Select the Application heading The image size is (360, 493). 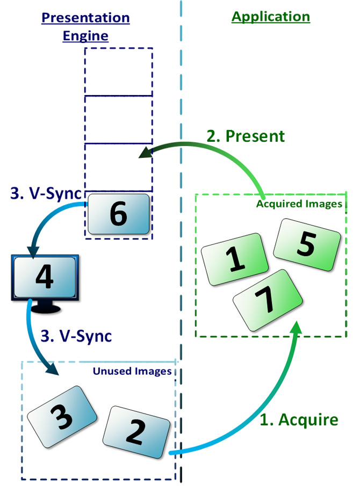(271, 17)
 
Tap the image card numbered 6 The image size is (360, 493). (118, 214)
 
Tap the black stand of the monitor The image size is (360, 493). (47, 307)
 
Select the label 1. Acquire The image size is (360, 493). (299, 419)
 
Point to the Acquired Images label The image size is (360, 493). (299, 204)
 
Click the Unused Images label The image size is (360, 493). (132, 371)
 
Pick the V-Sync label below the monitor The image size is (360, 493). (77, 336)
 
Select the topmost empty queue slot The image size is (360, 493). (119, 72)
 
